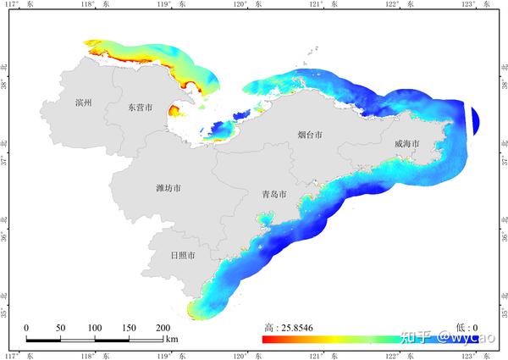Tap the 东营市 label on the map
pyautogui.click(x=140, y=108)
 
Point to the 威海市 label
pyautogui.click(x=407, y=144)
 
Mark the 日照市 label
pyautogui.click(x=183, y=255)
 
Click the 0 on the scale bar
pyautogui.click(x=26, y=328)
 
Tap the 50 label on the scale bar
pyautogui.click(x=60, y=328)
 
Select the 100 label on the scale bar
pyautogui.click(x=95, y=328)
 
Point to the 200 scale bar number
pyautogui.click(x=163, y=328)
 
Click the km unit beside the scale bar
pyautogui.click(x=172, y=340)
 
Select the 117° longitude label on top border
pyautogui.click(x=18, y=4)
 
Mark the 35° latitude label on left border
pyautogui.click(x=5, y=311)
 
